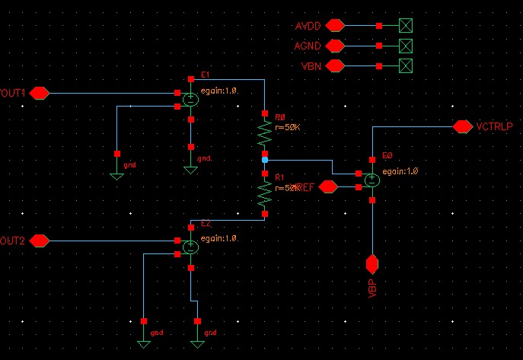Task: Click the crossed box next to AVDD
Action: [x=407, y=26]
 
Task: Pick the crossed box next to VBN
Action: [x=407, y=65]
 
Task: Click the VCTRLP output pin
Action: [x=461, y=126]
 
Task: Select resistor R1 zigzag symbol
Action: [x=264, y=194]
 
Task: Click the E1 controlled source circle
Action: [x=190, y=98]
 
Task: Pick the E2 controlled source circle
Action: [x=190, y=246]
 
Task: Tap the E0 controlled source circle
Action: [x=372, y=180]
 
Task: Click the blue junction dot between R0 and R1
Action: [x=264, y=161]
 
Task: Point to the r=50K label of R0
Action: [x=288, y=127]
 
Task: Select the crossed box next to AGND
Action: [x=407, y=46]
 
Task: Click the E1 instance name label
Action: [x=205, y=75]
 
